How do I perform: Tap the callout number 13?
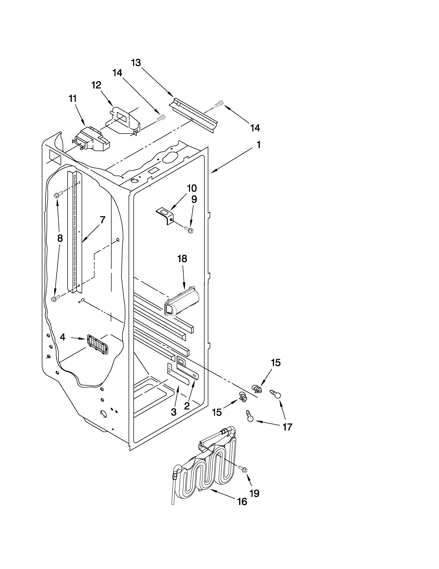click(136, 63)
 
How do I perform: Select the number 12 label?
click(96, 85)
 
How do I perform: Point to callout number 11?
click(73, 99)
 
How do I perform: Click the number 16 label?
click(242, 502)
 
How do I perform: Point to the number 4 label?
click(62, 337)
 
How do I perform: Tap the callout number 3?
click(174, 412)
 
